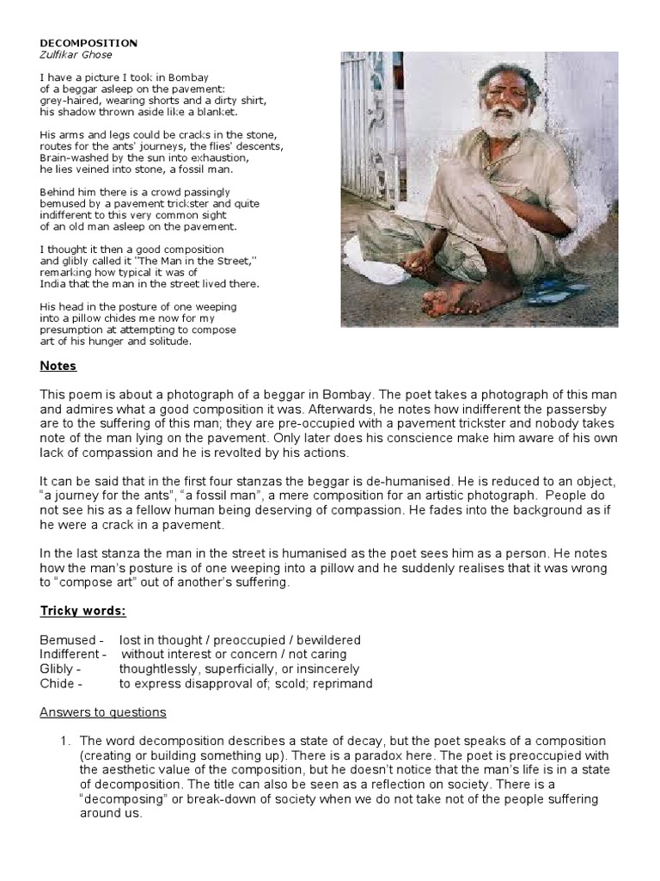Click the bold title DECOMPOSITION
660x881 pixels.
88,42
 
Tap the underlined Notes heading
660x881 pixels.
58,366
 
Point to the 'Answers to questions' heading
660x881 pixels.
103,712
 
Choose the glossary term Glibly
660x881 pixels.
58,668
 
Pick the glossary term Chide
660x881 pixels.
58,683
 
